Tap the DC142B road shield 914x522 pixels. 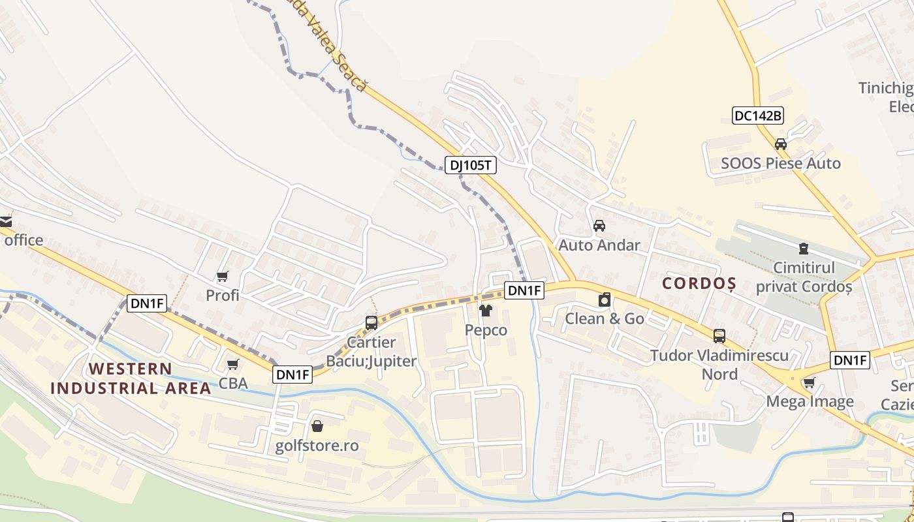757,115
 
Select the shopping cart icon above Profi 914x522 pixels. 222,277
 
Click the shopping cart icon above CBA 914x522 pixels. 232,364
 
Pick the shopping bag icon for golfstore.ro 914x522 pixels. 317,426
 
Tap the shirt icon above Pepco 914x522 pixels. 485,311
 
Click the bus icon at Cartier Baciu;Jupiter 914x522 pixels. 371,322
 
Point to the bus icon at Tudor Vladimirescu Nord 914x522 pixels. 719,336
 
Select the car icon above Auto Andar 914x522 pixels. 599,226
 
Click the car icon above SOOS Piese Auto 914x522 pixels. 780,144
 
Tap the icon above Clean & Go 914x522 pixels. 605,299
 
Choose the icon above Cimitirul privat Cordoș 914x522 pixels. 803,249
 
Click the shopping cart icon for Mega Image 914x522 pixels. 809,382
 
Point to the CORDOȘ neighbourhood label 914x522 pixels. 699,283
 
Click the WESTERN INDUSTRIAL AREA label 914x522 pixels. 131,378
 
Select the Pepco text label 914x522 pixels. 486,330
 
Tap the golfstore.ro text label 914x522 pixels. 317,446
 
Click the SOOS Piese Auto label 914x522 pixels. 781,163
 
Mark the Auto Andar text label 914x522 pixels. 599,245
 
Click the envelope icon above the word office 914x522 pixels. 5,221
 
